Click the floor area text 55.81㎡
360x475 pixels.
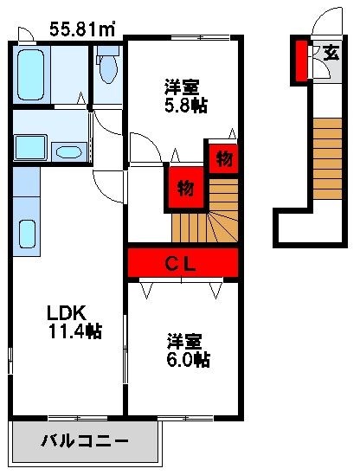click(x=82, y=29)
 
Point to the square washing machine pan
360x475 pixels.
click(x=31, y=147)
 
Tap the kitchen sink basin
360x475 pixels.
click(x=26, y=234)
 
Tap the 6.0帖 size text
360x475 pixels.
click(x=189, y=358)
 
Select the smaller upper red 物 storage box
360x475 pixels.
click(x=222, y=157)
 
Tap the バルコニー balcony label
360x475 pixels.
click(x=85, y=442)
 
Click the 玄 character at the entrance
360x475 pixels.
click(x=331, y=52)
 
